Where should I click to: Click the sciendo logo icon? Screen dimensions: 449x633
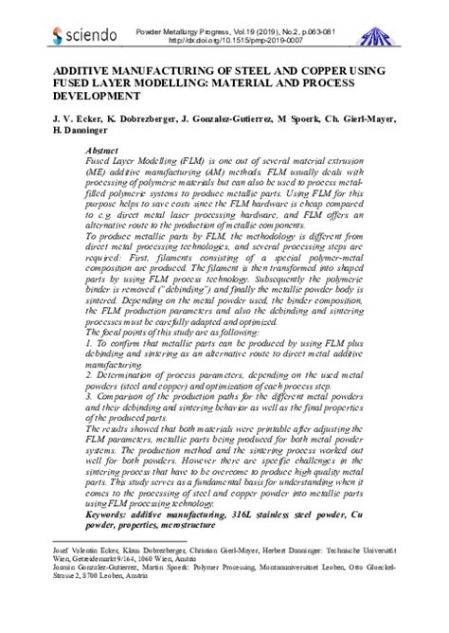click(59, 36)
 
